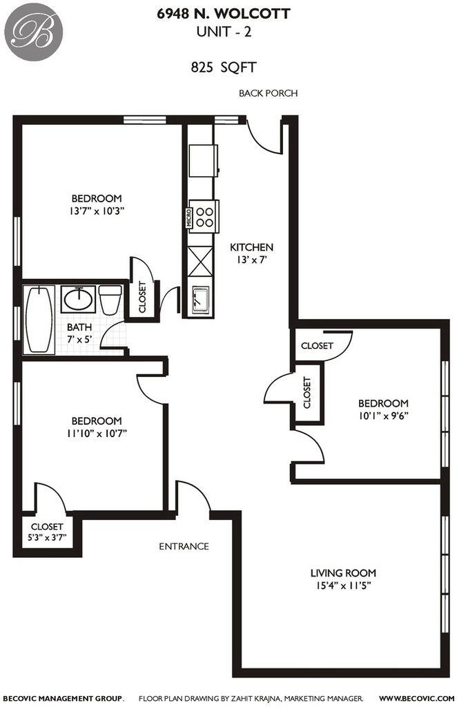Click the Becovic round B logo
[34, 32]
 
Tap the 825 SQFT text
[224, 68]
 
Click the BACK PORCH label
[268, 93]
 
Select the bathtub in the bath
[39, 320]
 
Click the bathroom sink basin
[78, 299]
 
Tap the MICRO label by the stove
[189, 217]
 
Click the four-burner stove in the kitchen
[204, 216]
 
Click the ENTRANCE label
[184, 547]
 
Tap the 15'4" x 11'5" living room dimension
[343, 585]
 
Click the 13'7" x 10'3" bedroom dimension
[97, 211]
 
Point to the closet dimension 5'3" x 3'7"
[48, 537]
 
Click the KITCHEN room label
[251, 247]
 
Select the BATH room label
[79, 327]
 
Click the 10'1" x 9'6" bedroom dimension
[383, 416]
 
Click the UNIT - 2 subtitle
[224, 32]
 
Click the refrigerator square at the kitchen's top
[203, 160]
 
